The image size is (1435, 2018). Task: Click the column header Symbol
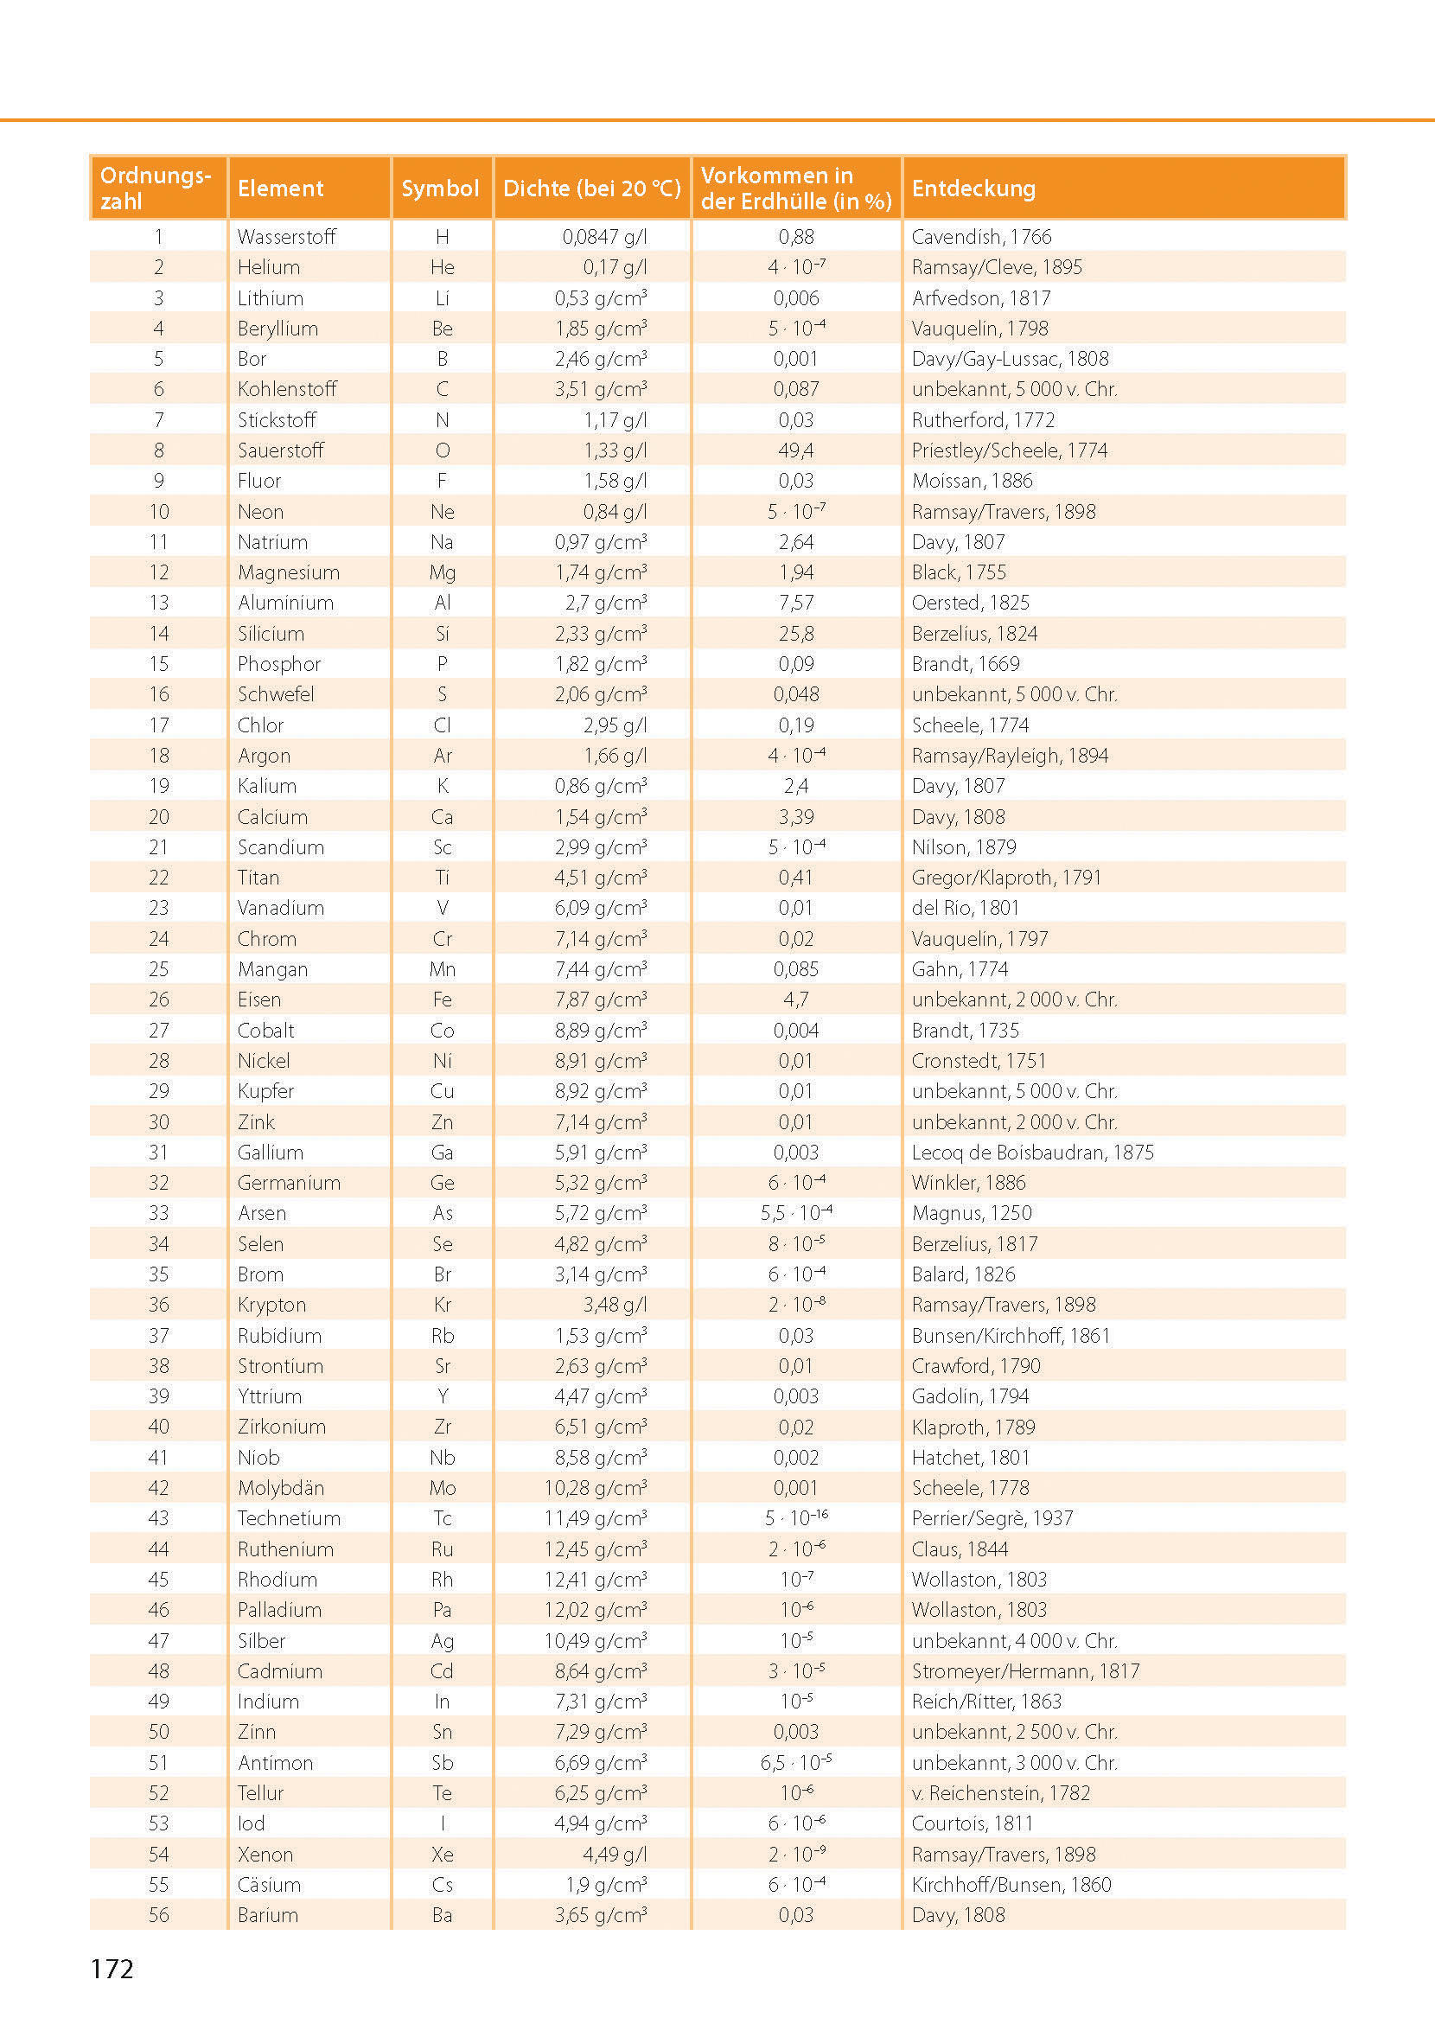click(x=440, y=188)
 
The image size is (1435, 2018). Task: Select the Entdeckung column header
click(x=973, y=188)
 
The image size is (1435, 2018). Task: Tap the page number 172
click(x=112, y=1970)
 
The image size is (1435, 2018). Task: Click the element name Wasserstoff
click(x=286, y=237)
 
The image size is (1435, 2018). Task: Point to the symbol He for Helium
click(x=442, y=267)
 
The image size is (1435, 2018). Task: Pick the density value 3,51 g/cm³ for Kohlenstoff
click(x=601, y=389)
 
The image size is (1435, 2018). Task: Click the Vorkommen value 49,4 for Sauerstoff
click(x=795, y=450)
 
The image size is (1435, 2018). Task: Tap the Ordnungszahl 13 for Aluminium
click(x=159, y=603)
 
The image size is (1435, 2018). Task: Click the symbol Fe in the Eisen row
click(x=442, y=999)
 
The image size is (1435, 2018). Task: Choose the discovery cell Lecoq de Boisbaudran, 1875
click(x=1032, y=1153)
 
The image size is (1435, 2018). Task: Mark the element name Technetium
click(x=289, y=1518)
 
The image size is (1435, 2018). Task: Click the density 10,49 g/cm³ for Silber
click(x=596, y=1641)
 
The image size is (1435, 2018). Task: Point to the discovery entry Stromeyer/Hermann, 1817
click(x=1025, y=1670)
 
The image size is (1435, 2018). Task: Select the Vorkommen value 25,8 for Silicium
click(x=795, y=634)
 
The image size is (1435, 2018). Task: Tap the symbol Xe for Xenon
click(x=442, y=1855)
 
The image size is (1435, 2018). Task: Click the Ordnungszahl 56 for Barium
click(x=159, y=1914)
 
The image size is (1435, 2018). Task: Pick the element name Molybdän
click(x=281, y=1488)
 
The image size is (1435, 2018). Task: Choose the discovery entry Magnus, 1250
click(x=971, y=1213)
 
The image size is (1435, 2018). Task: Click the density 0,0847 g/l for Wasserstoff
click(x=604, y=237)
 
